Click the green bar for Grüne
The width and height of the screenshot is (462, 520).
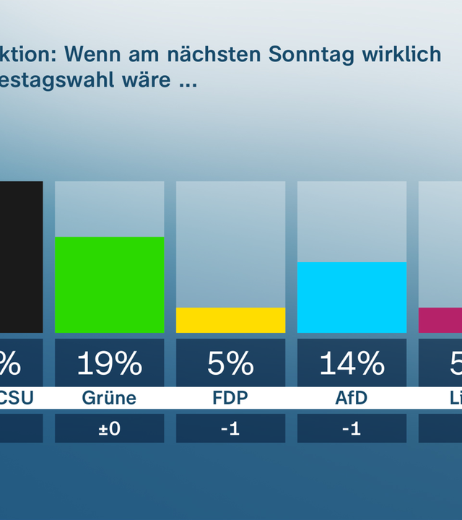(110, 285)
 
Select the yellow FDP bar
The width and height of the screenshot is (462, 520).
(231, 320)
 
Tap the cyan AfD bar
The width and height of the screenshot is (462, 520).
(352, 297)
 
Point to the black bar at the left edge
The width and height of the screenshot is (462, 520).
(21, 256)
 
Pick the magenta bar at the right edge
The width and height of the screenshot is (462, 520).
(440, 320)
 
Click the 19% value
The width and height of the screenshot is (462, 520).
(110, 364)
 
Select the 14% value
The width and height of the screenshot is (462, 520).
(352, 364)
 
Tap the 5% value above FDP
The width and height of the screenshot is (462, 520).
(231, 364)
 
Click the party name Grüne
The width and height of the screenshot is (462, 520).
(110, 398)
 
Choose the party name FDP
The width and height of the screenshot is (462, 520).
(231, 398)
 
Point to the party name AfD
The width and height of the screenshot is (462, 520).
(352, 398)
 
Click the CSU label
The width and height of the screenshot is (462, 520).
(14, 398)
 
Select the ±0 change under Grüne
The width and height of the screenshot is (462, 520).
(110, 428)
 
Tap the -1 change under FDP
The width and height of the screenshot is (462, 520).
(231, 428)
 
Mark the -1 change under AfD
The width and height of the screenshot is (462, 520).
(352, 428)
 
